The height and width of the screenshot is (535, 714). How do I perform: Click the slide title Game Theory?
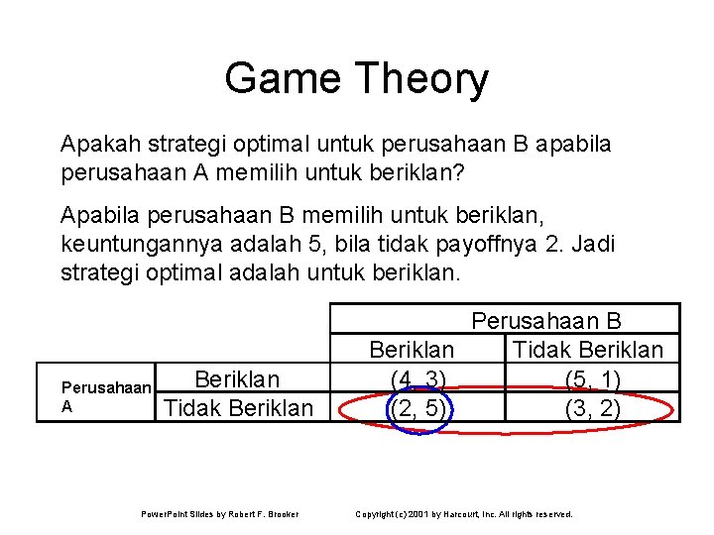click(356, 78)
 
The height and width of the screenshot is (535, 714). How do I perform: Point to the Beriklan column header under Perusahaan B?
click(412, 350)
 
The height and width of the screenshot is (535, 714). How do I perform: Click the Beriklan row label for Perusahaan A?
click(237, 379)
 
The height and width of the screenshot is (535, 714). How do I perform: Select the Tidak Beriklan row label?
click(237, 407)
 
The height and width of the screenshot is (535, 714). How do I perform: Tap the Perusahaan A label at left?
click(105, 396)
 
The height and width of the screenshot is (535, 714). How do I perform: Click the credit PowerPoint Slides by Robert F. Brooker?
click(219, 514)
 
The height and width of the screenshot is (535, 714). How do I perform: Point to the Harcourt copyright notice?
click(464, 514)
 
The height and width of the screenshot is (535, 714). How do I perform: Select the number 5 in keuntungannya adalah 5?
click(323, 243)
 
